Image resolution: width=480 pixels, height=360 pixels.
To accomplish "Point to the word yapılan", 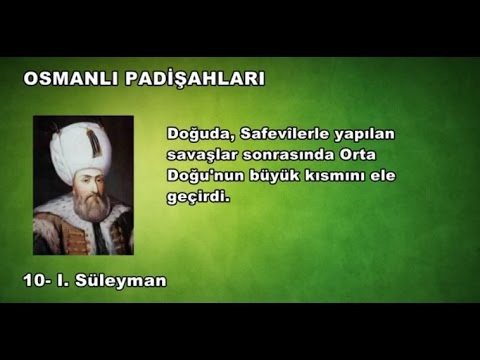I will (359, 134).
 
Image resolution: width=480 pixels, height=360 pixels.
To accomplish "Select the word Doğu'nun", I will (198, 176).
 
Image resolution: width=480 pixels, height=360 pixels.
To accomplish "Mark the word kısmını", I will (320, 176).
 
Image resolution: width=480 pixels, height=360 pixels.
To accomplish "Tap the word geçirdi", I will (198, 198).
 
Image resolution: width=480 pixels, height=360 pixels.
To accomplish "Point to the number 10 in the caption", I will (34, 281).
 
